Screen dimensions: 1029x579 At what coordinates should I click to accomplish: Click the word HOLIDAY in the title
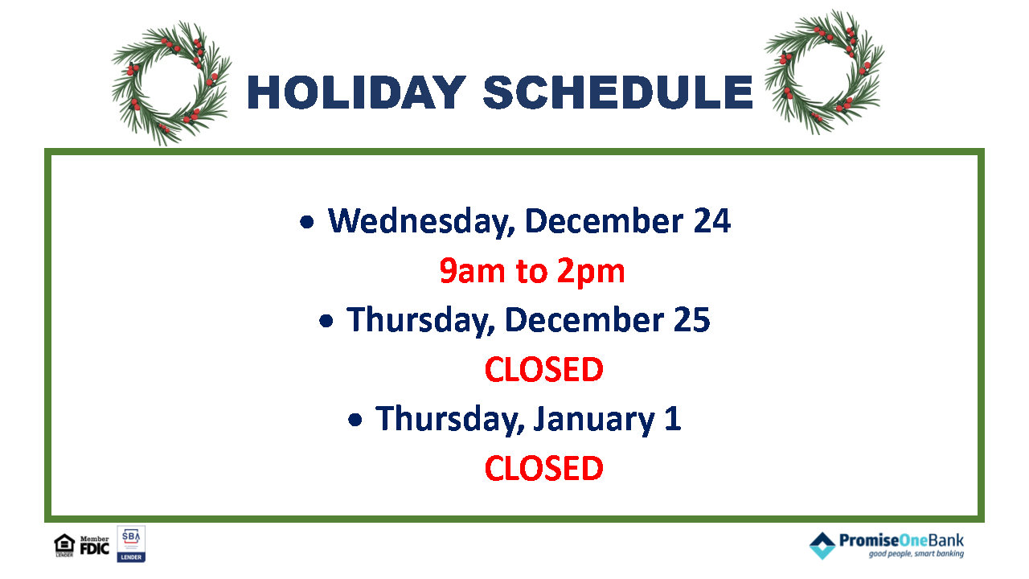click(357, 92)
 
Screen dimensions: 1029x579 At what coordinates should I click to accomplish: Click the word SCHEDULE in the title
click(618, 92)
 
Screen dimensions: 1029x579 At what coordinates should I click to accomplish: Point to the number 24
click(712, 221)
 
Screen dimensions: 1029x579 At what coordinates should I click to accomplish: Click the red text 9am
click(472, 271)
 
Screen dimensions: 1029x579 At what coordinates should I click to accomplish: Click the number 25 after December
click(692, 320)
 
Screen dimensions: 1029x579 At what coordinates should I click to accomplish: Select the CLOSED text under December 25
click(544, 369)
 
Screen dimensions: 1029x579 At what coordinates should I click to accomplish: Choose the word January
click(593, 420)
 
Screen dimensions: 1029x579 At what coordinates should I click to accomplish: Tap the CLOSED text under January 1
click(544, 468)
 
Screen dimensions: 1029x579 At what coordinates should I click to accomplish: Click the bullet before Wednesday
click(307, 223)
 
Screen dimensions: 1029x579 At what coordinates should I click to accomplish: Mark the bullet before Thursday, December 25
click(326, 321)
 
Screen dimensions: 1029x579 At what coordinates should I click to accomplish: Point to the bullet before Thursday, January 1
click(355, 420)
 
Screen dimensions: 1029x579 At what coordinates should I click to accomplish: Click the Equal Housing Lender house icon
click(64, 545)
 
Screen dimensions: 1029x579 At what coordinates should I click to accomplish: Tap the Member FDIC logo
click(95, 545)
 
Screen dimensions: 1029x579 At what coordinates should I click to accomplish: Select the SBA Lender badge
click(131, 544)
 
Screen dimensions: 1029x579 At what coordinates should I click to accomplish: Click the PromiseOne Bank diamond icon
click(822, 546)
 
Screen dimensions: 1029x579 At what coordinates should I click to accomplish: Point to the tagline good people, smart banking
click(916, 554)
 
